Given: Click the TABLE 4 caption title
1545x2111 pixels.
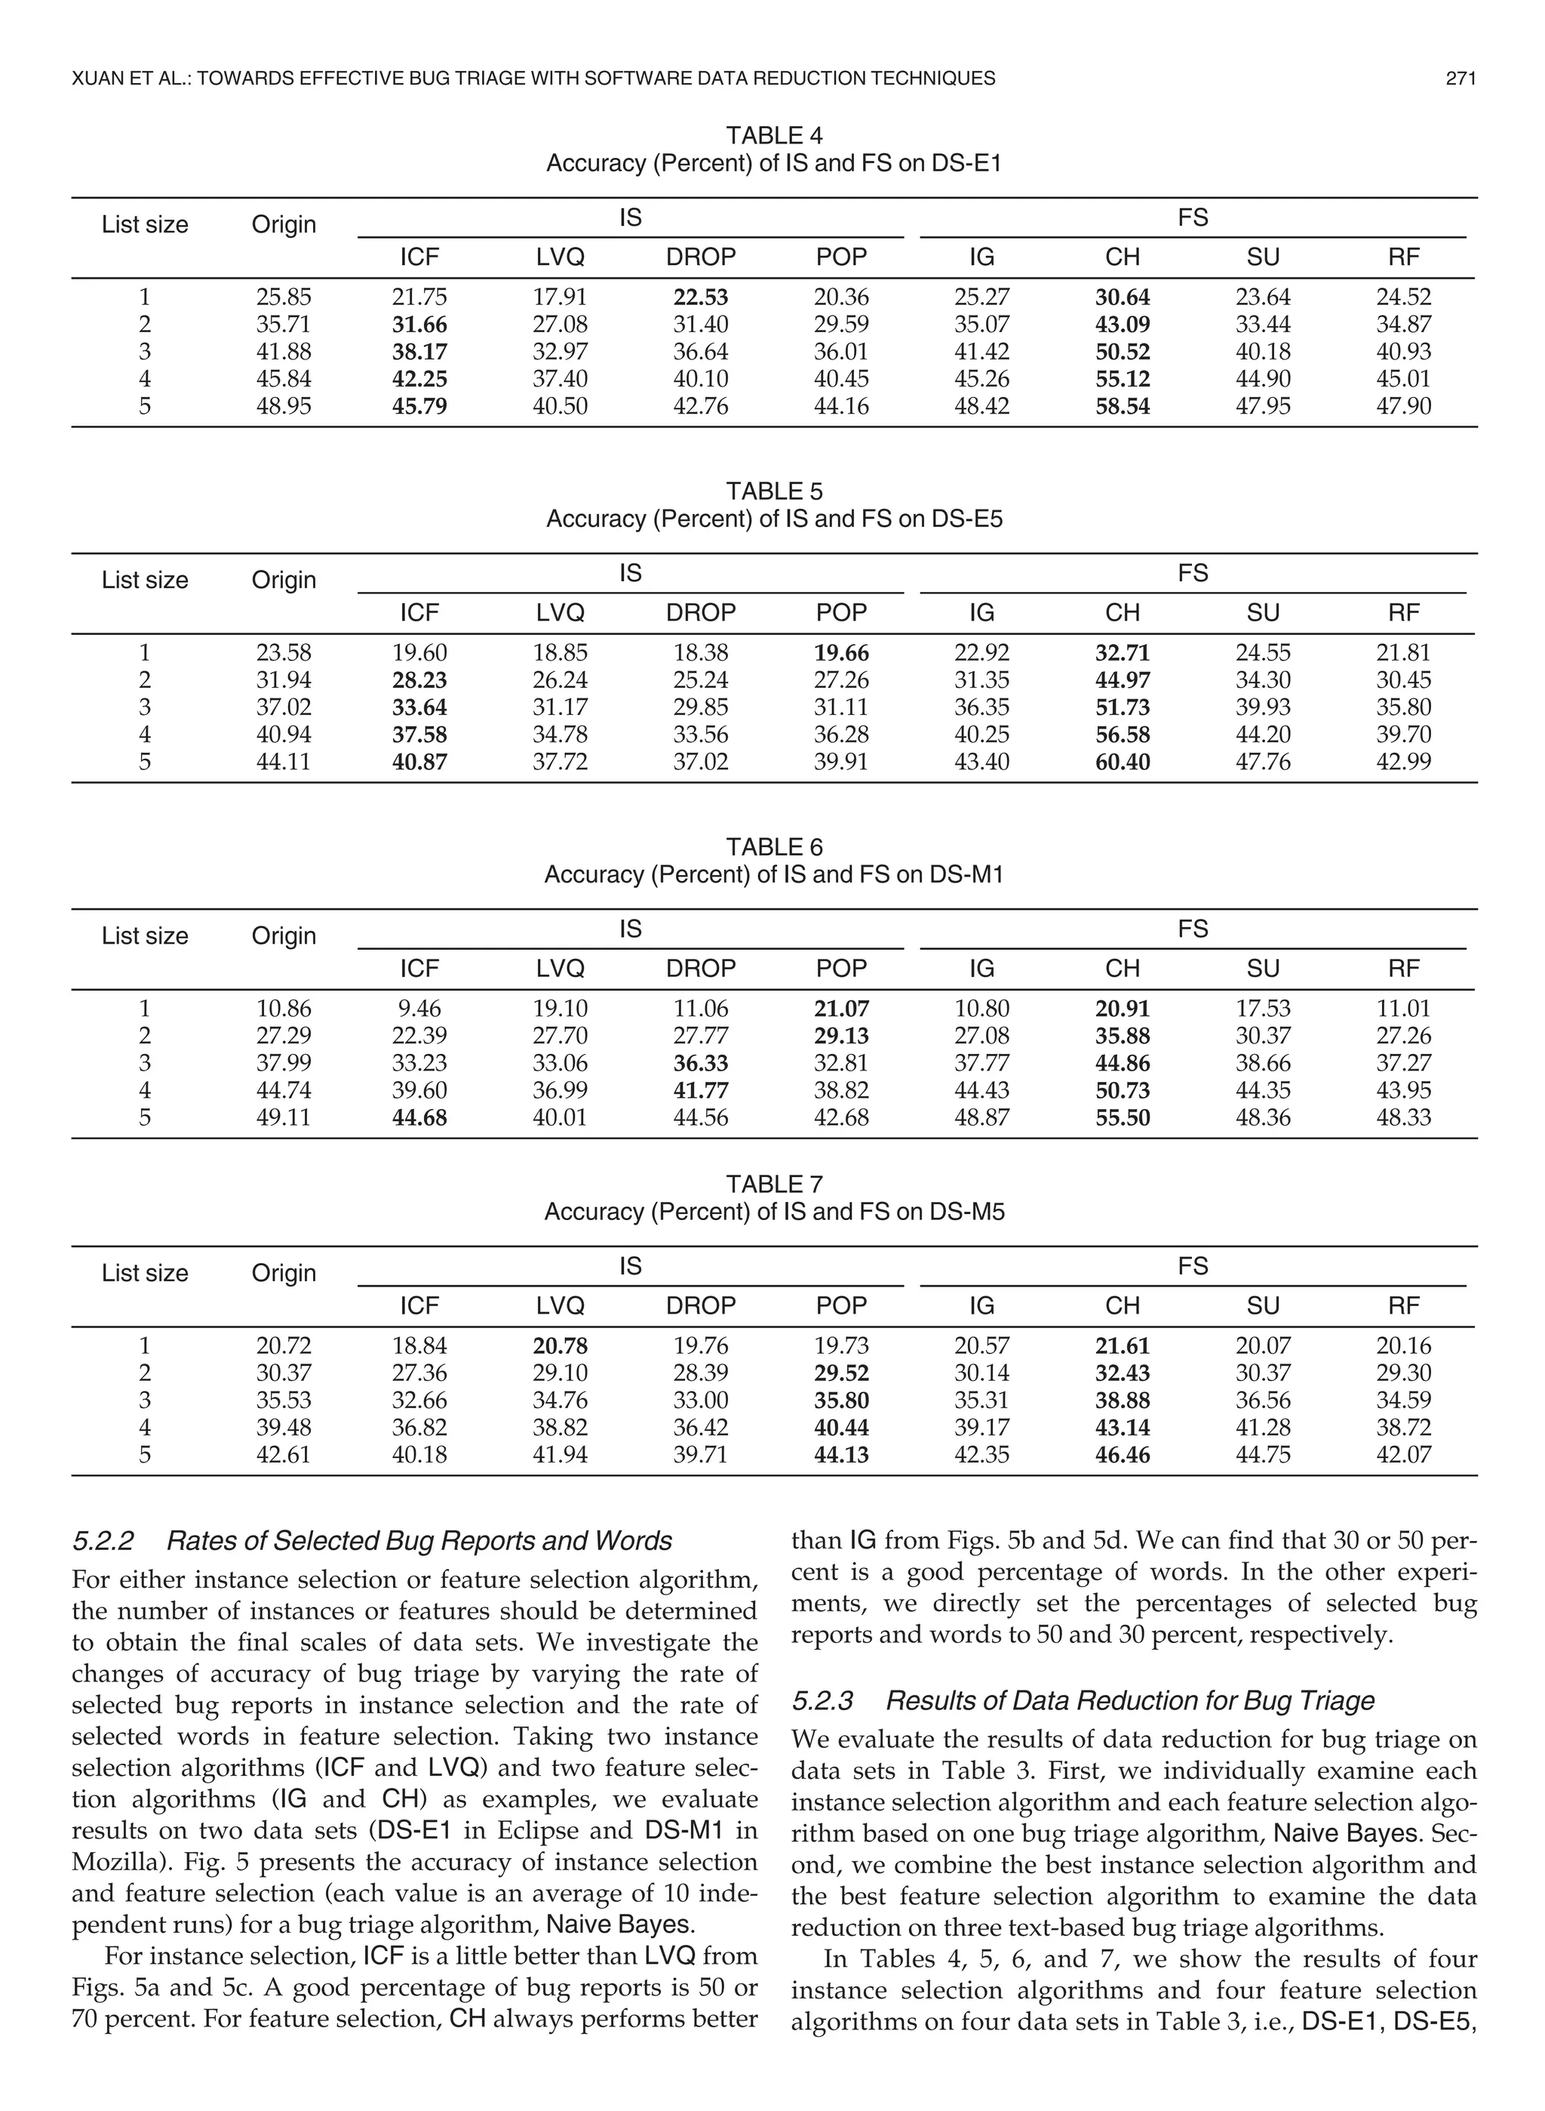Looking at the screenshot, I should [x=773, y=137].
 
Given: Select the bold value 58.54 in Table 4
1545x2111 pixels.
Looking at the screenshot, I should [x=1123, y=406].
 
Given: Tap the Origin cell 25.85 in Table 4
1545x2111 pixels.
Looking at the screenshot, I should [x=284, y=297].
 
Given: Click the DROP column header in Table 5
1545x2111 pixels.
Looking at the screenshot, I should [x=701, y=613].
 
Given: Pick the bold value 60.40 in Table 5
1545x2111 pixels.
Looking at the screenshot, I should [x=1123, y=762].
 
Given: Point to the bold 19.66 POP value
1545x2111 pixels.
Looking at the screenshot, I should [x=840, y=653].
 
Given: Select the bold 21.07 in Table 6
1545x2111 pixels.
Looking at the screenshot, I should [x=840, y=1009].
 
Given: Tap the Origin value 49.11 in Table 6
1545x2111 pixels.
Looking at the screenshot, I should [x=284, y=1117].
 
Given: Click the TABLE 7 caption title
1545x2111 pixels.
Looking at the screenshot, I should [x=773, y=1185].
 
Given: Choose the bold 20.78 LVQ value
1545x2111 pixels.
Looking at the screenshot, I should [x=561, y=1345].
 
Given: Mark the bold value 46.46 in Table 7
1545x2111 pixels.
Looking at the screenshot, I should [x=1123, y=1454].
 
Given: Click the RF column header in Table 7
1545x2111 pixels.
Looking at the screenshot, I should [x=1404, y=1305].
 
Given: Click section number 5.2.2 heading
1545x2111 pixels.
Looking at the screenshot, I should [x=103, y=1541].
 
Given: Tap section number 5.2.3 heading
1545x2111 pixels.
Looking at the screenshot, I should [x=822, y=1700].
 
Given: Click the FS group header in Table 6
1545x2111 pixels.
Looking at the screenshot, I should [x=1193, y=929].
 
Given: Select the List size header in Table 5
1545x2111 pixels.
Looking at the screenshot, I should [x=145, y=580].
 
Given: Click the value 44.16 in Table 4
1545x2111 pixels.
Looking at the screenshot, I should [x=840, y=406].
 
